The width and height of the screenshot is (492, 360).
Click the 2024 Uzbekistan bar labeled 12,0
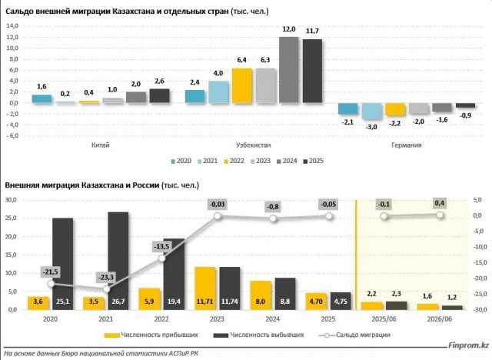click(289, 70)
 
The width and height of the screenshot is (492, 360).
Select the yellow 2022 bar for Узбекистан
click(242, 85)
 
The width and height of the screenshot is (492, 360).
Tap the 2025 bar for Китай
click(159, 95)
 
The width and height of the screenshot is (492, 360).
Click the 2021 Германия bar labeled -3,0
click(372, 111)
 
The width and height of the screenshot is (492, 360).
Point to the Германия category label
click(407, 145)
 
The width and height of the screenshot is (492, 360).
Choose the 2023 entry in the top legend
click(261, 161)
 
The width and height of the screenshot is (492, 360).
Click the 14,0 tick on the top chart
click(12, 25)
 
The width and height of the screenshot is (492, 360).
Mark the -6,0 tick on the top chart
click(12, 136)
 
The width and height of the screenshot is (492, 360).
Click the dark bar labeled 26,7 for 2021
click(118, 261)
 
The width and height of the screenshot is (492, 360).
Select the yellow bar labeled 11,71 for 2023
click(205, 288)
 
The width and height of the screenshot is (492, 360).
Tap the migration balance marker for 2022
click(162, 258)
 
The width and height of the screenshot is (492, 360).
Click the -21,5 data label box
click(51, 272)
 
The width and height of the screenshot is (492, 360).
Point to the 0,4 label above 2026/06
click(439, 203)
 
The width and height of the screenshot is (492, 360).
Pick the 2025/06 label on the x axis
click(384, 319)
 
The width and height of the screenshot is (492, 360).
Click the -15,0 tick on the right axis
click(480, 263)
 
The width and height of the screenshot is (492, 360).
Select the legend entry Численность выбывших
click(258, 335)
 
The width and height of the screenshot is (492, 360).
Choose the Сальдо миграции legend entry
click(354, 335)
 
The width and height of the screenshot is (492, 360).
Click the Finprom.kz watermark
click(468, 345)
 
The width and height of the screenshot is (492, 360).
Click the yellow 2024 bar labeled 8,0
click(261, 295)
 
